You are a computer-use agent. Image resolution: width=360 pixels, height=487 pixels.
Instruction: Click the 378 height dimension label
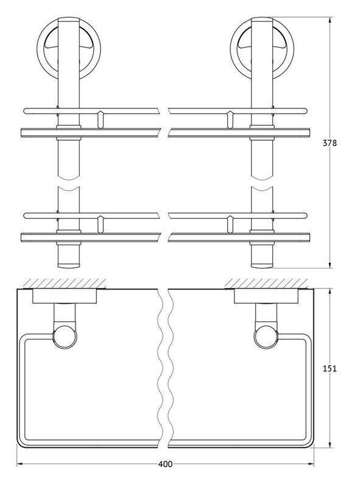330,143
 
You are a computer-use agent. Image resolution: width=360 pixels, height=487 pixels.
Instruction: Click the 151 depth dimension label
330,369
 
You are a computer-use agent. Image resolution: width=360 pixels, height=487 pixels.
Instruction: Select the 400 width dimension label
165,464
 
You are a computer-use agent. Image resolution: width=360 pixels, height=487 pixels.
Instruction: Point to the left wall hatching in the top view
65,284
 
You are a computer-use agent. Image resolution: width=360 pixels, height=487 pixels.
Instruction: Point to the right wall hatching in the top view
267,284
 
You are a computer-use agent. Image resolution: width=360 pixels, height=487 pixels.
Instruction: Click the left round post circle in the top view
65,337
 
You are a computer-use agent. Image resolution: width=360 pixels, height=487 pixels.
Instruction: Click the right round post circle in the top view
266,337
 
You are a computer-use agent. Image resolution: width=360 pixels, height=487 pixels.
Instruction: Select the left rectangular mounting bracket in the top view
65,296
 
